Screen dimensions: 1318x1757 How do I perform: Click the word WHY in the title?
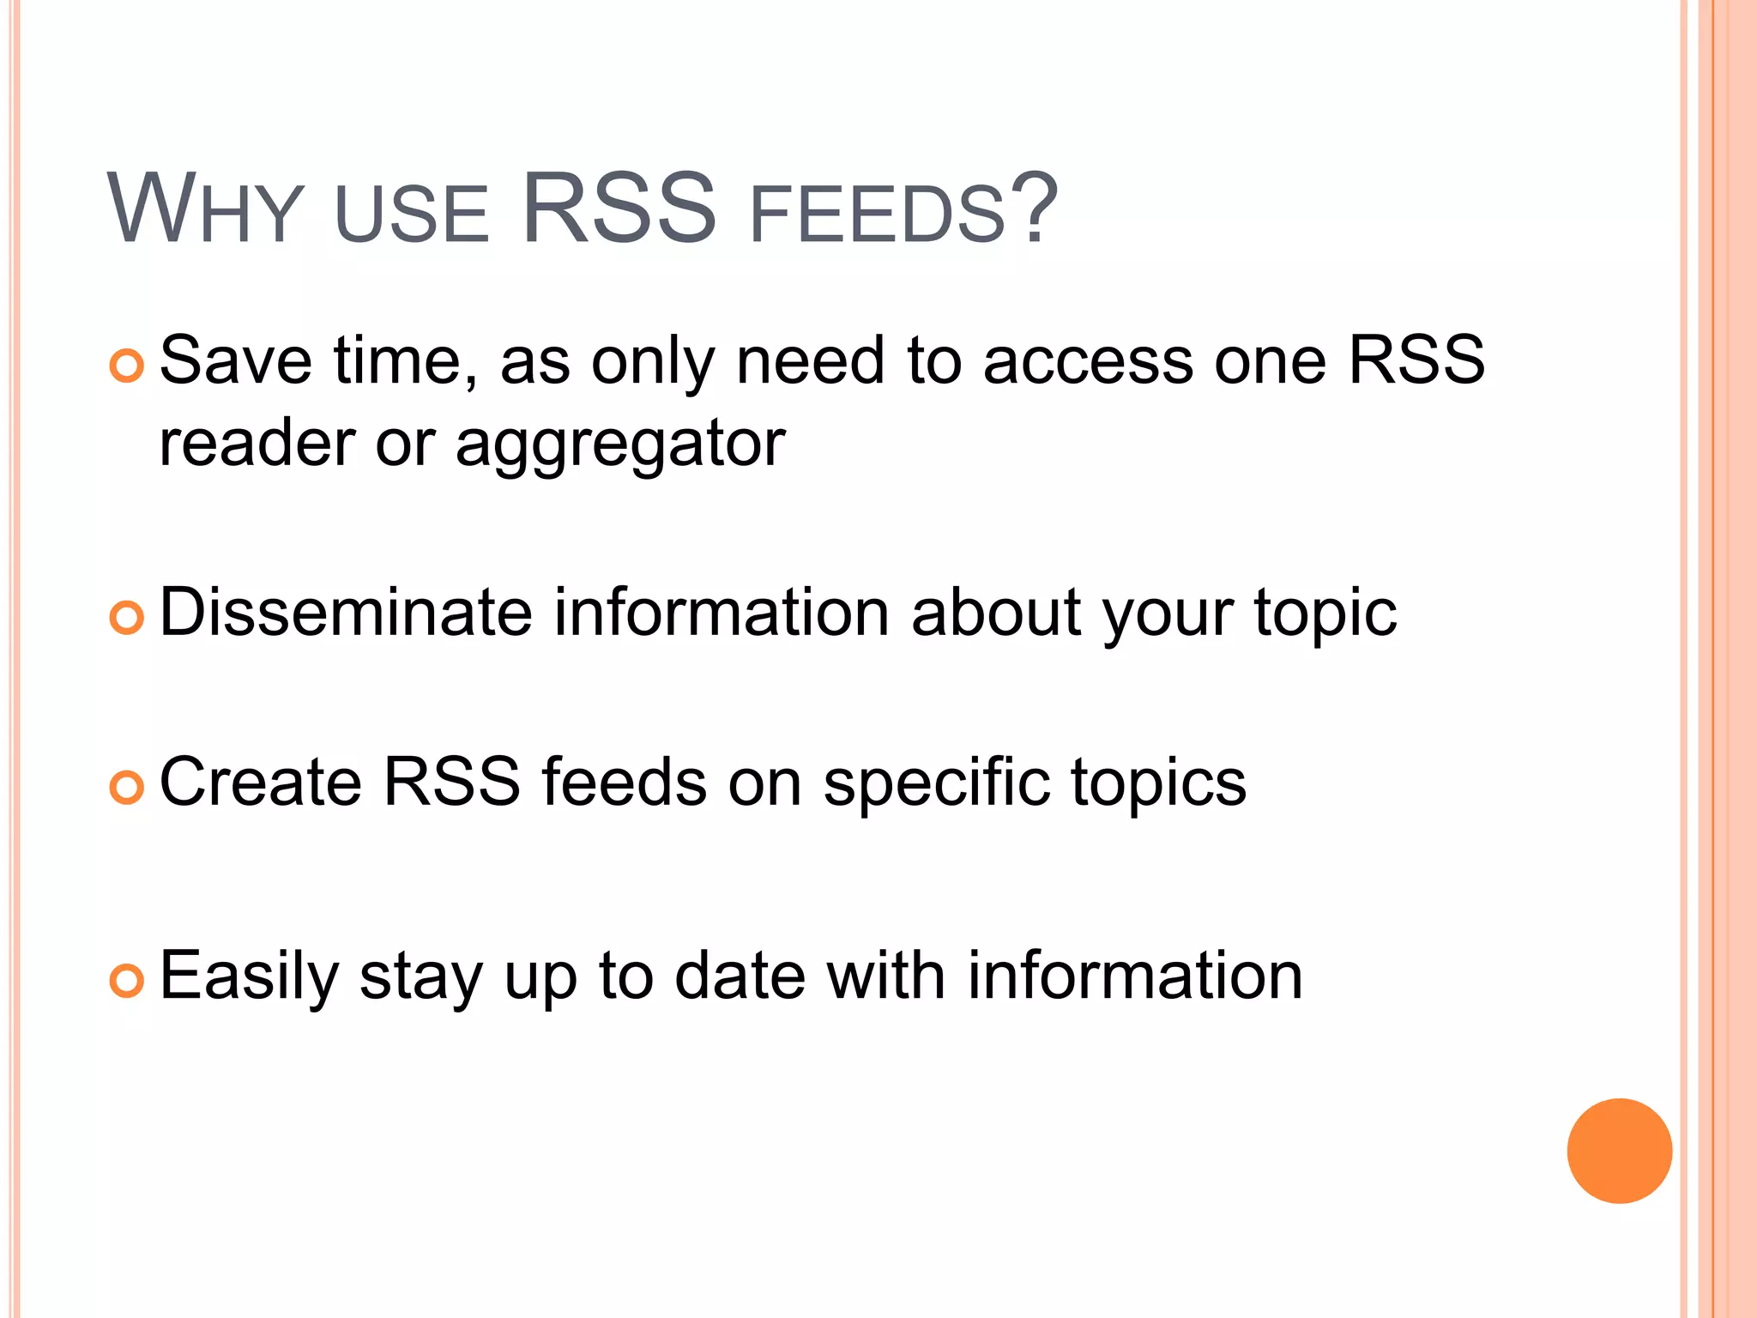pos(205,210)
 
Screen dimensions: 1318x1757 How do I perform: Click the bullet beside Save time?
pos(127,366)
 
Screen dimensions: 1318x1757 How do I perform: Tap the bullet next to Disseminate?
pos(127,617)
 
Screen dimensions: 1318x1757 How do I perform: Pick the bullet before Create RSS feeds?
pos(127,787)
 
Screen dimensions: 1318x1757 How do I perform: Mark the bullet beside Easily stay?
pos(127,980)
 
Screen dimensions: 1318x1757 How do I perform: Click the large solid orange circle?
pos(1619,1151)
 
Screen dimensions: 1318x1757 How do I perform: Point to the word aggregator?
pos(619,446)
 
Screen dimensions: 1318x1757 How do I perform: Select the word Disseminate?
pos(346,613)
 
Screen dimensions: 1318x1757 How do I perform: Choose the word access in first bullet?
pos(1088,361)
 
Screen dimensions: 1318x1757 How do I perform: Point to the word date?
pos(740,976)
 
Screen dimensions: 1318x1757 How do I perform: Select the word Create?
pos(260,782)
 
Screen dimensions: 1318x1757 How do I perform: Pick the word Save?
pos(236,360)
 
